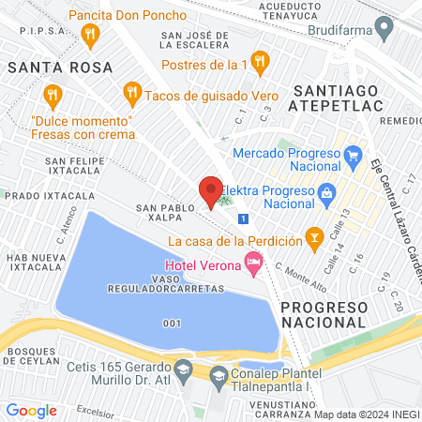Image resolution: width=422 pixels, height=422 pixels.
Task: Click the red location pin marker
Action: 210,191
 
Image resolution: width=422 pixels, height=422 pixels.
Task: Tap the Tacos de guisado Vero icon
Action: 131,93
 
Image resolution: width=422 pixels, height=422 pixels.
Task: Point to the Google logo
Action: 31,410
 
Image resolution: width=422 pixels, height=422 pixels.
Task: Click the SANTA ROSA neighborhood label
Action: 59,68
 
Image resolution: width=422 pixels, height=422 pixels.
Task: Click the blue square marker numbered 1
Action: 244,219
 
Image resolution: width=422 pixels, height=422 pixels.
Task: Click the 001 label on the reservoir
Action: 171,324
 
